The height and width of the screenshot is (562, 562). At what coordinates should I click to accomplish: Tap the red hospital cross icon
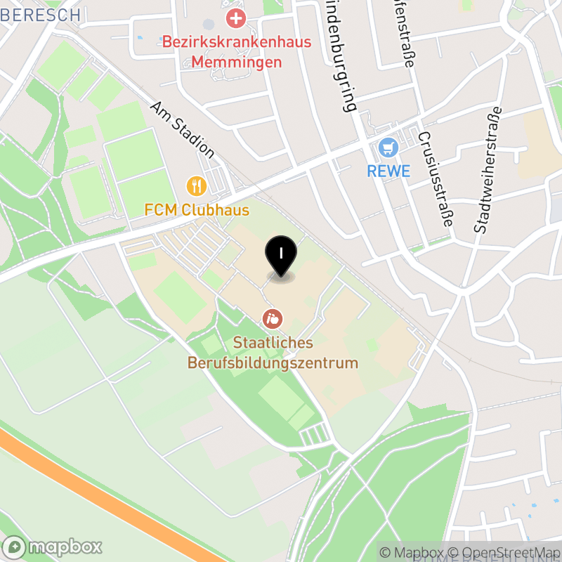(231, 18)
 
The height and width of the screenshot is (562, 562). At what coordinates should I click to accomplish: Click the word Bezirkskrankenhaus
(236, 42)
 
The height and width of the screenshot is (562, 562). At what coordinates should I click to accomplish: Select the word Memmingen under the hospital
(236, 62)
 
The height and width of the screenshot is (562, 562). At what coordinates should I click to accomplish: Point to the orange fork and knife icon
(196, 186)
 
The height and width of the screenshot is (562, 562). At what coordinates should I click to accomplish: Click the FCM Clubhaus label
(197, 209)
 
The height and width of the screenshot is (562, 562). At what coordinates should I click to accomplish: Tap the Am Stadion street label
(182, 129)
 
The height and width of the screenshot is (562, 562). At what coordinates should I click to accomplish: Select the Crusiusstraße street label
(435, 179)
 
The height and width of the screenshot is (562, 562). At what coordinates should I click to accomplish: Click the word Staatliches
(273, 344)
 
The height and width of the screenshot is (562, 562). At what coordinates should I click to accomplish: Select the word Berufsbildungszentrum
(273, 363)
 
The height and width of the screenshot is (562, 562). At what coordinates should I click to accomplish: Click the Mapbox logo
(53, 547)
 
